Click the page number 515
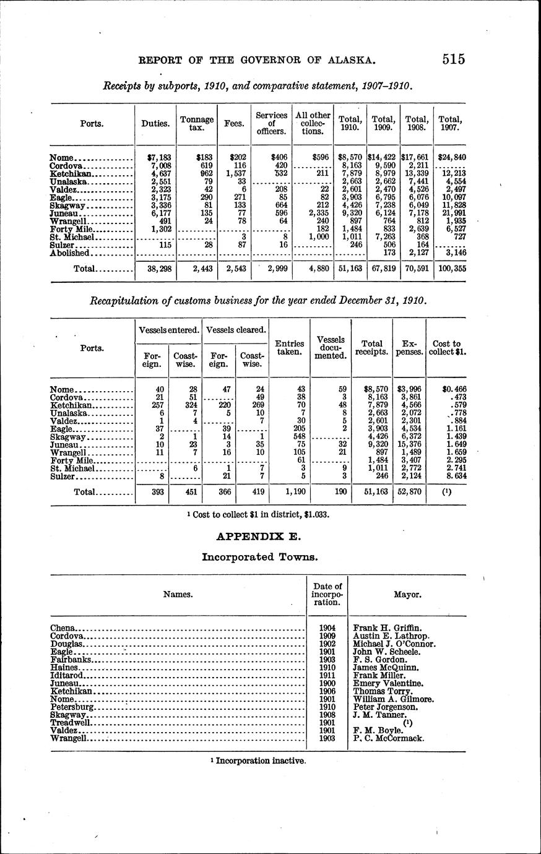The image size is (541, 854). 454,59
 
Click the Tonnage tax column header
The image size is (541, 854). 196,123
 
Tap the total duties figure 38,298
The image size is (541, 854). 155,269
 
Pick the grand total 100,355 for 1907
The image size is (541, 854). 450,269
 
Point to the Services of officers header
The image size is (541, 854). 272,123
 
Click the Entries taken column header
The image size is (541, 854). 289,347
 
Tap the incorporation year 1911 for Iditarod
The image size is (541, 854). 327,675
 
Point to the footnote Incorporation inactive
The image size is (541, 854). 259,761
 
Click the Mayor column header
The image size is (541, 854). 408,594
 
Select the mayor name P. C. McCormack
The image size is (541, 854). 389,738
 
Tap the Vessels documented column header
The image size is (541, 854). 330,348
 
